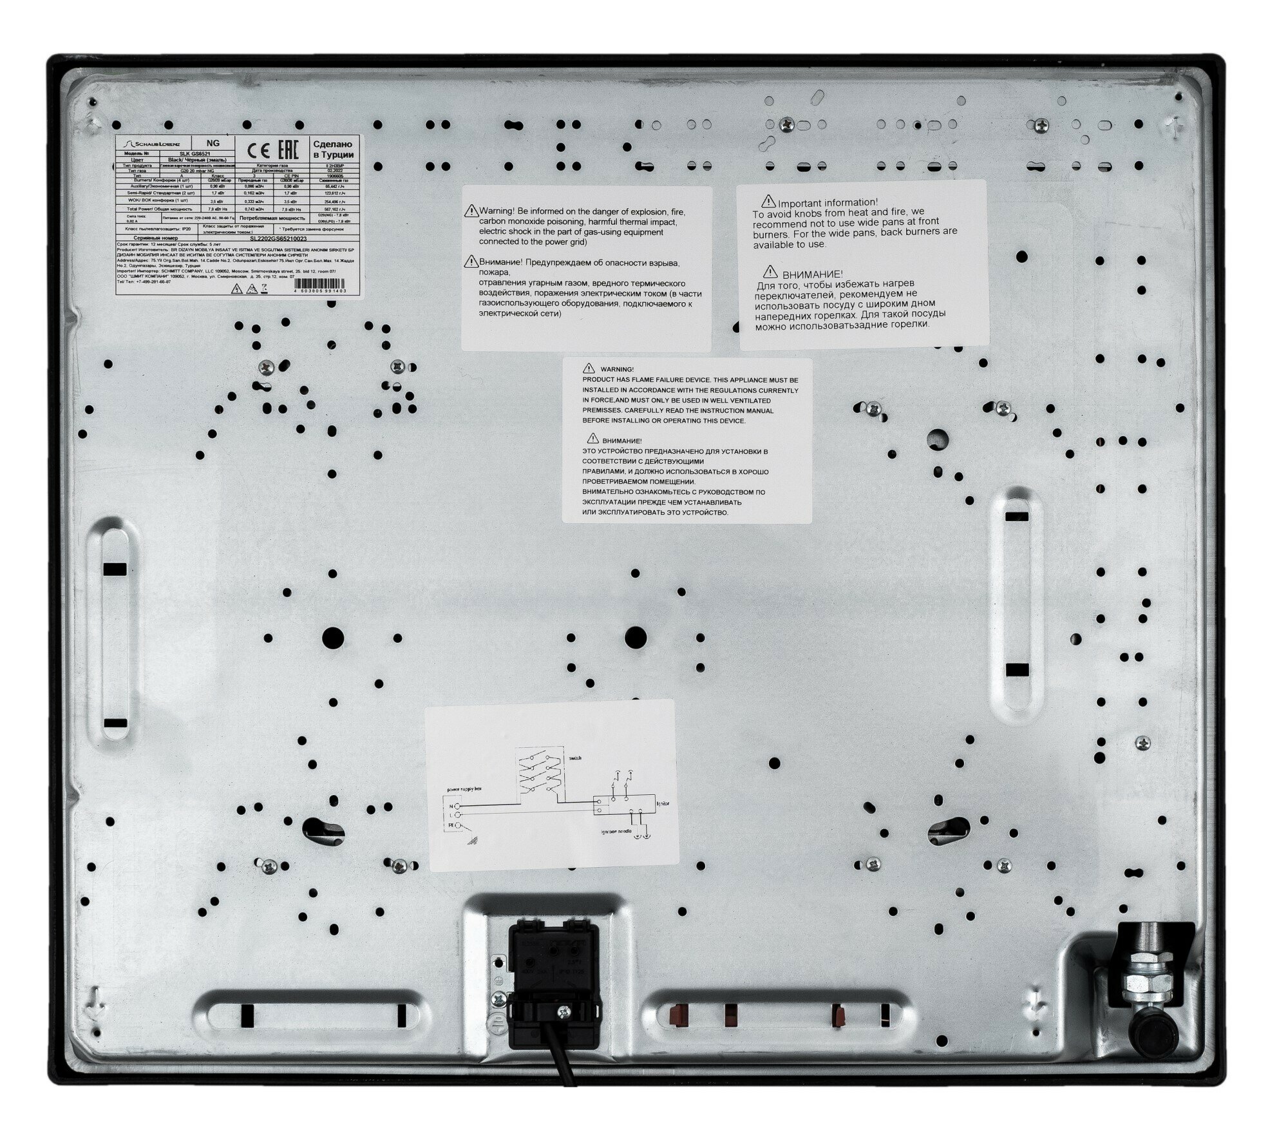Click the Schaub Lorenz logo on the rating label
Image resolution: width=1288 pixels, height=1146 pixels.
[x=153, y=144]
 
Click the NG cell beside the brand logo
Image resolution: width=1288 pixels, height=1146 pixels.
[x=213, y=144]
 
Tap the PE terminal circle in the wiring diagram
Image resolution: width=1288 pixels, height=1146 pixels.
[x=458, y=825]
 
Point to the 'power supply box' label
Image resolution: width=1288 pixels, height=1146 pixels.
[x=463, y=788]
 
